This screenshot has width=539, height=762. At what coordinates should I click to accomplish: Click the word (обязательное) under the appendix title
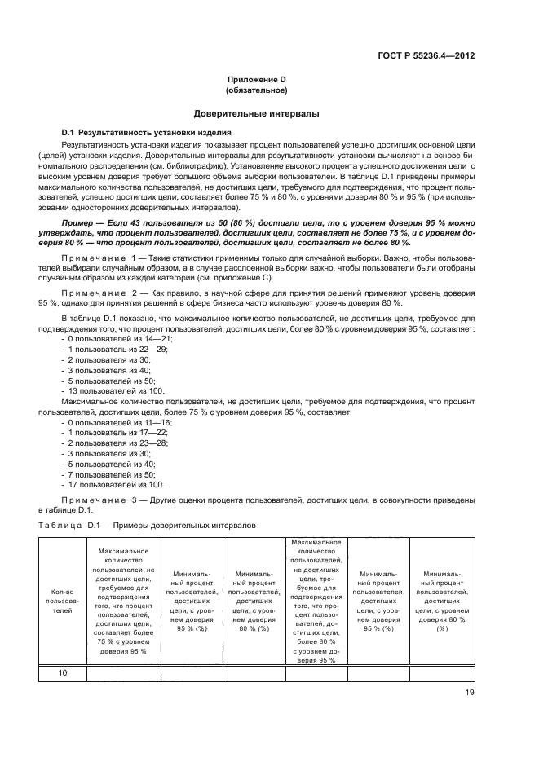[x=257, y=90]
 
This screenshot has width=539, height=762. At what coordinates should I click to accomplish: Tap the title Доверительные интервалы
[x=256, y=114]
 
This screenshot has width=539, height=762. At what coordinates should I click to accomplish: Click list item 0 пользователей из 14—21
[x=109, y=338]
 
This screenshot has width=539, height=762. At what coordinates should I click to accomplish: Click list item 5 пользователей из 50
[x=108, y=381]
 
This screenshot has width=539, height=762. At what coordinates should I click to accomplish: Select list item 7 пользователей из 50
[x=108, y=473]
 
